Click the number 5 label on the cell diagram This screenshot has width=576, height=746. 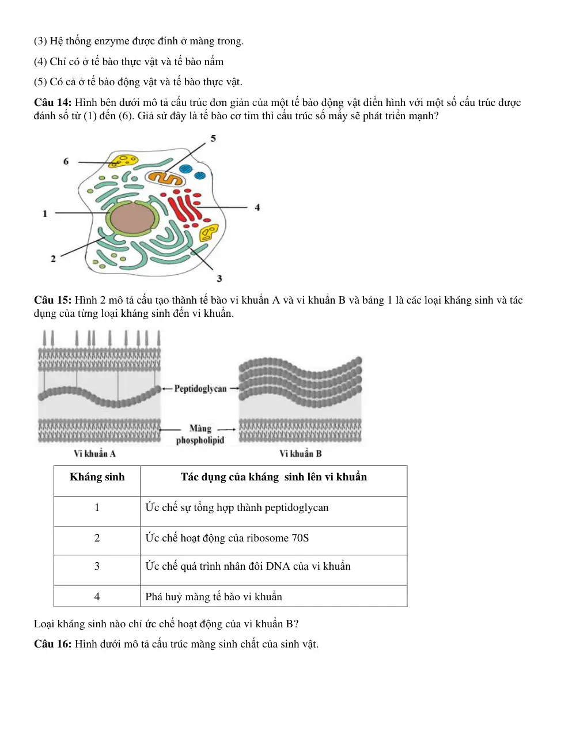(213, 138)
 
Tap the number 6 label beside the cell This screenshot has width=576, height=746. (66, 161)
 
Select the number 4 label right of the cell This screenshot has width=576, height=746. (257, 207)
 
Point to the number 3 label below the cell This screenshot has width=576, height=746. (219, 278)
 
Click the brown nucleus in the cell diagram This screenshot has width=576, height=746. (132, 219)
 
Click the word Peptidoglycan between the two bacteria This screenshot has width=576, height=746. (200, 389)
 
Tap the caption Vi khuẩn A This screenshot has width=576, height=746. (94, 453)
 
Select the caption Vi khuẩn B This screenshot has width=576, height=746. (300, 453)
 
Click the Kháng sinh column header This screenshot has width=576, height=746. (97, 477)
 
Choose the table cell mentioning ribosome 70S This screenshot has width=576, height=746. (274, 538)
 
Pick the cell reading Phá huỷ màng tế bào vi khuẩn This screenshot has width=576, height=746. (274, 596)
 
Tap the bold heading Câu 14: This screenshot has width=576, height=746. (52, 103)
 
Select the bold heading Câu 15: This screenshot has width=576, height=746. (52, 300)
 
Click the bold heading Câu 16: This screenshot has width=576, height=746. (52, 643)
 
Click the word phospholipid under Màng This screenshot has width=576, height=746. (200, 440)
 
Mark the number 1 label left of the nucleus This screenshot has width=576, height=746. (45, 214)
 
